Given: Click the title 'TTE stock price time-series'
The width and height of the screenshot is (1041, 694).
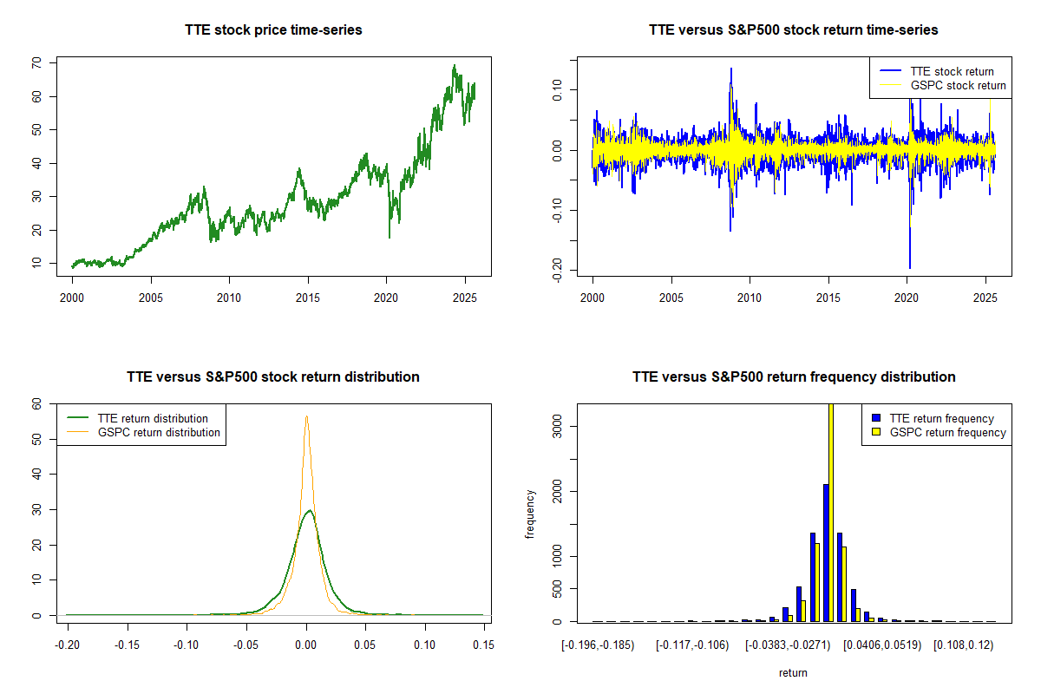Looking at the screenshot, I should (273, 29).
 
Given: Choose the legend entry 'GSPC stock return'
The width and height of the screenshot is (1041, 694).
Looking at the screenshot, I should (958, 85).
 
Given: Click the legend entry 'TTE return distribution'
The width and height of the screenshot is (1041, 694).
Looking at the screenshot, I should (153, 418).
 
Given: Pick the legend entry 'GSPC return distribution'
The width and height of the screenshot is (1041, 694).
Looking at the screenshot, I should (159, 432).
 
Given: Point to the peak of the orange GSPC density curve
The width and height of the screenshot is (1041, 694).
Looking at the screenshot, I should (306, 416).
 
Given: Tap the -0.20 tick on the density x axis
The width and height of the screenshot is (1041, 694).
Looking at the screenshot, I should (66, 645).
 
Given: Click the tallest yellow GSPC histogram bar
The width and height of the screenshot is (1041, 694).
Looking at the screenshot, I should (831, 512).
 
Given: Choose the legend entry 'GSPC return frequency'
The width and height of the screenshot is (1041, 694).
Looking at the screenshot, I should (947, 432).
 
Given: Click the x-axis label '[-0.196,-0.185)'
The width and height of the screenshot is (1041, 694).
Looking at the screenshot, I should (598, 645).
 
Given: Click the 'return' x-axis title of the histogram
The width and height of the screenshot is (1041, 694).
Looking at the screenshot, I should (793, 672).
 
